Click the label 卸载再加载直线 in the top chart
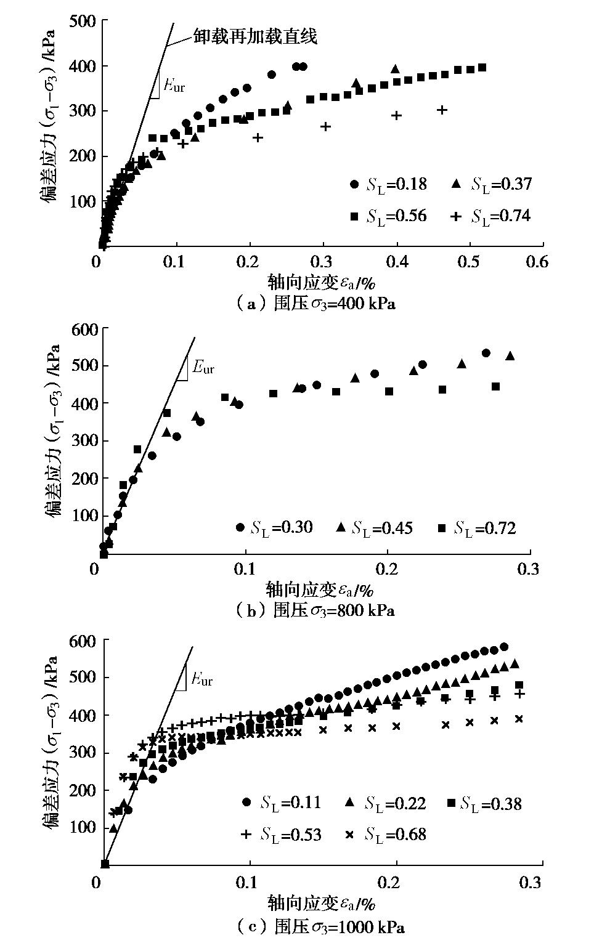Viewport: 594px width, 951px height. pos(254,36)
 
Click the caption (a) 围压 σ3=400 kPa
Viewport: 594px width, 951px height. pos(315,304)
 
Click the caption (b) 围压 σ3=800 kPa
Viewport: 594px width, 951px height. pos(315,610)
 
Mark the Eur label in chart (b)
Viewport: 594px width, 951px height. pos(203,368)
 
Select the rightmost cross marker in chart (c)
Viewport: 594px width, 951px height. pos(519,719)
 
